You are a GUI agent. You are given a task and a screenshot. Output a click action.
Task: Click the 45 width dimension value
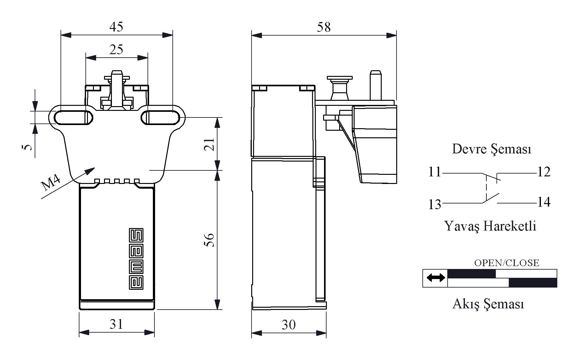coord(116,27)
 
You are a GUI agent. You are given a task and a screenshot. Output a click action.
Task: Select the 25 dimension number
coord(116,49)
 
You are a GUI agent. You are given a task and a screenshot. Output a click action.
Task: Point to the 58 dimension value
coord(324,27)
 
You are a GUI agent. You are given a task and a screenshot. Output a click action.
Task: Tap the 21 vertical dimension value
coord(211,144)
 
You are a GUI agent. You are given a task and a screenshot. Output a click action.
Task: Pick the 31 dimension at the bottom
coord(116,324)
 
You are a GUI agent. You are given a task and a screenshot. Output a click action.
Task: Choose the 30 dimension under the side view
coord(288,325)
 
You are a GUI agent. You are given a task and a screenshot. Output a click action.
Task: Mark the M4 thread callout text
coord(51,182)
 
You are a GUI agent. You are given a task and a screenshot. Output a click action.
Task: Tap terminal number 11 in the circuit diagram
coord(435,172)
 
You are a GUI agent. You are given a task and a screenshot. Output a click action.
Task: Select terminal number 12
coord(544,172)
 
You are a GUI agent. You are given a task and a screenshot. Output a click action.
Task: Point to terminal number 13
coord(435,204)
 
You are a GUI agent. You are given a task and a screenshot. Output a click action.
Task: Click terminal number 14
coord(544,202)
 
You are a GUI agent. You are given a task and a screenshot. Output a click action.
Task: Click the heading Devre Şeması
coord(491,149)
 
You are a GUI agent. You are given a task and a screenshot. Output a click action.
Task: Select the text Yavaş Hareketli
coord(490,226)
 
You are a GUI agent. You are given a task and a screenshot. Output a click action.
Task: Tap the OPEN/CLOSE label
coord(507,263)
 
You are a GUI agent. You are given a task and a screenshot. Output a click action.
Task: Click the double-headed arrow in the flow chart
coord(436,278)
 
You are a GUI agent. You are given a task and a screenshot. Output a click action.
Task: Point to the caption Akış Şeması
coord(488,304)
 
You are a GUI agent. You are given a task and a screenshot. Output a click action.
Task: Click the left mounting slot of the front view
coord(74,118)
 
